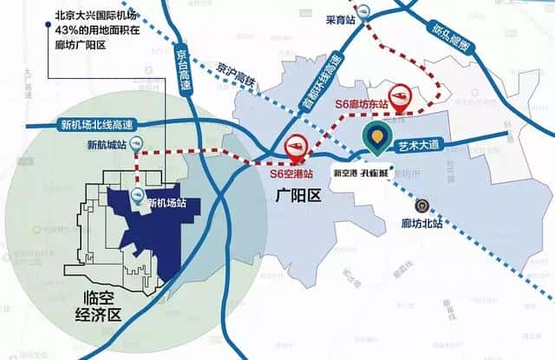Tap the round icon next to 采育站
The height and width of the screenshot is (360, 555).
[367, 11]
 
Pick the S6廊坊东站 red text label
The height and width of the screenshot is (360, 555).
[363, 103]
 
